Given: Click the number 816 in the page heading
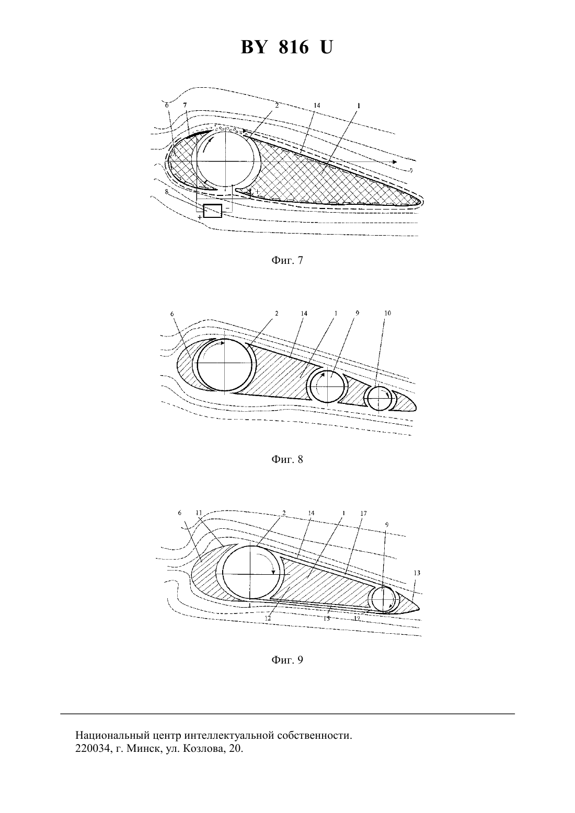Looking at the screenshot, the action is coord(294,48).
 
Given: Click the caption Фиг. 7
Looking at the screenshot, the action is coord(287,260).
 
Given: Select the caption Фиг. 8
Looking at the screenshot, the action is coord(287,459).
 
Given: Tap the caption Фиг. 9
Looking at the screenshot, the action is coord(287,659).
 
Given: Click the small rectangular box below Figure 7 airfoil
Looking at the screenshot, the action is coord(212,211).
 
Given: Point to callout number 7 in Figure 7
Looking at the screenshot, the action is coord(185,105).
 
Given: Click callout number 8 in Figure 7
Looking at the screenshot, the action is coord(167,192).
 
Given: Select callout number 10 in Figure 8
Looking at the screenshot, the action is coord(387,313).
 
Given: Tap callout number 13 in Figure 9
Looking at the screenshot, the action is coord(417,573).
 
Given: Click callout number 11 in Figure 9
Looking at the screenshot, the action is coord(199,513).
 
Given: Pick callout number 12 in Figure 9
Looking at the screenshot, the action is coord(268,618).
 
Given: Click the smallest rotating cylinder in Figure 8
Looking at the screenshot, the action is coord(379,399).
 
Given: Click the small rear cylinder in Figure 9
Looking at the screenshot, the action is coord(384,599).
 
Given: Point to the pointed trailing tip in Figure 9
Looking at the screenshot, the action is coord(420,608).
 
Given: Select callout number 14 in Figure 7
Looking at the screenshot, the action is coord(317,105).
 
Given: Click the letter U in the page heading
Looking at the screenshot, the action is coord(326,48).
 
